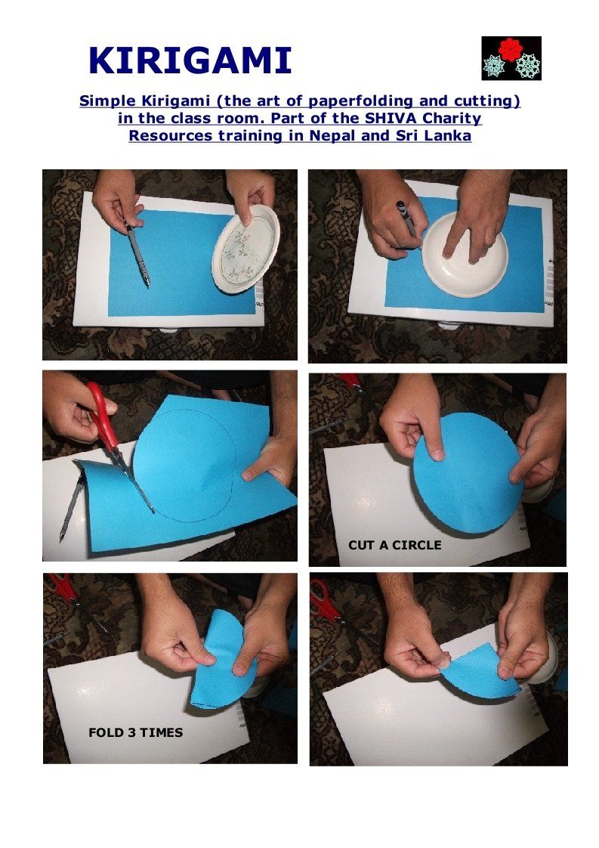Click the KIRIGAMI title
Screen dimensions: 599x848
[x=190, y=60]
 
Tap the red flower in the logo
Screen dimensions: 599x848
[x=510, y=48]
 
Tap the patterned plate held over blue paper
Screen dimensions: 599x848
[x=246, y=249]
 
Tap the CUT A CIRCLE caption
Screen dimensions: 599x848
[x=394, y=545]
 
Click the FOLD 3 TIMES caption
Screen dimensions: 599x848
[x=136, y=733]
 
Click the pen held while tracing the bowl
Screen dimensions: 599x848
[x=406, y=220]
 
